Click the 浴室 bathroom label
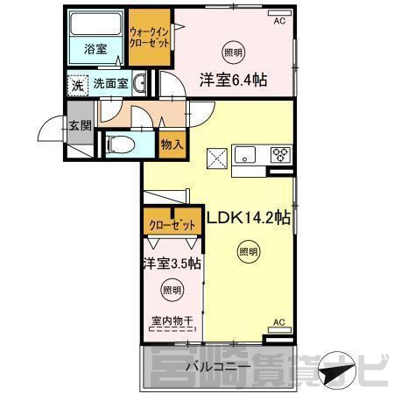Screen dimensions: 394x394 click(x=95, y=49)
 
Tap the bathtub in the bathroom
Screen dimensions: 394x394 click(x=95, y=24)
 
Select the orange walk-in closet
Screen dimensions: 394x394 click(x=150, y=38)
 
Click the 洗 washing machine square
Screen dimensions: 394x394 click(x=78, y=86)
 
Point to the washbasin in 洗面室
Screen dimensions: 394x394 click(x=139, y=83)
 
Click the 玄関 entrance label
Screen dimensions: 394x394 click(x=80, y=125)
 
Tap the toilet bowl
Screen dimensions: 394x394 click(x=120, y=144)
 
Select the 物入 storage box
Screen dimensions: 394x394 click(x=172, y=144)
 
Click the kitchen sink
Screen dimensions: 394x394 click(x=245, y=154)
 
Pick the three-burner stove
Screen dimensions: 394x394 click(x=280, y=154)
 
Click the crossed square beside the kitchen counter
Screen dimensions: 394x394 click(x=217, y=158)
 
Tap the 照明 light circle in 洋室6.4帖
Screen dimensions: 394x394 click(x=233, y=53)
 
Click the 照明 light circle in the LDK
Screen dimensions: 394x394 click(x=249, y=251)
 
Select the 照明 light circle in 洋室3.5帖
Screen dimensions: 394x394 click(x=172, y=290)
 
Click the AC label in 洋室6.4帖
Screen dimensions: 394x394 click(x=279, y=21)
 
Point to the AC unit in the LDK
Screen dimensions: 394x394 click(x=279, y=330)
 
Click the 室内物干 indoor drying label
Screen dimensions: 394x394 click(x=172, y=321)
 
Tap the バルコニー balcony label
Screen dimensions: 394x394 click(x=218, y=366)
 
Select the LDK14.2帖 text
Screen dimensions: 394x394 click(x=249, y=218)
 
